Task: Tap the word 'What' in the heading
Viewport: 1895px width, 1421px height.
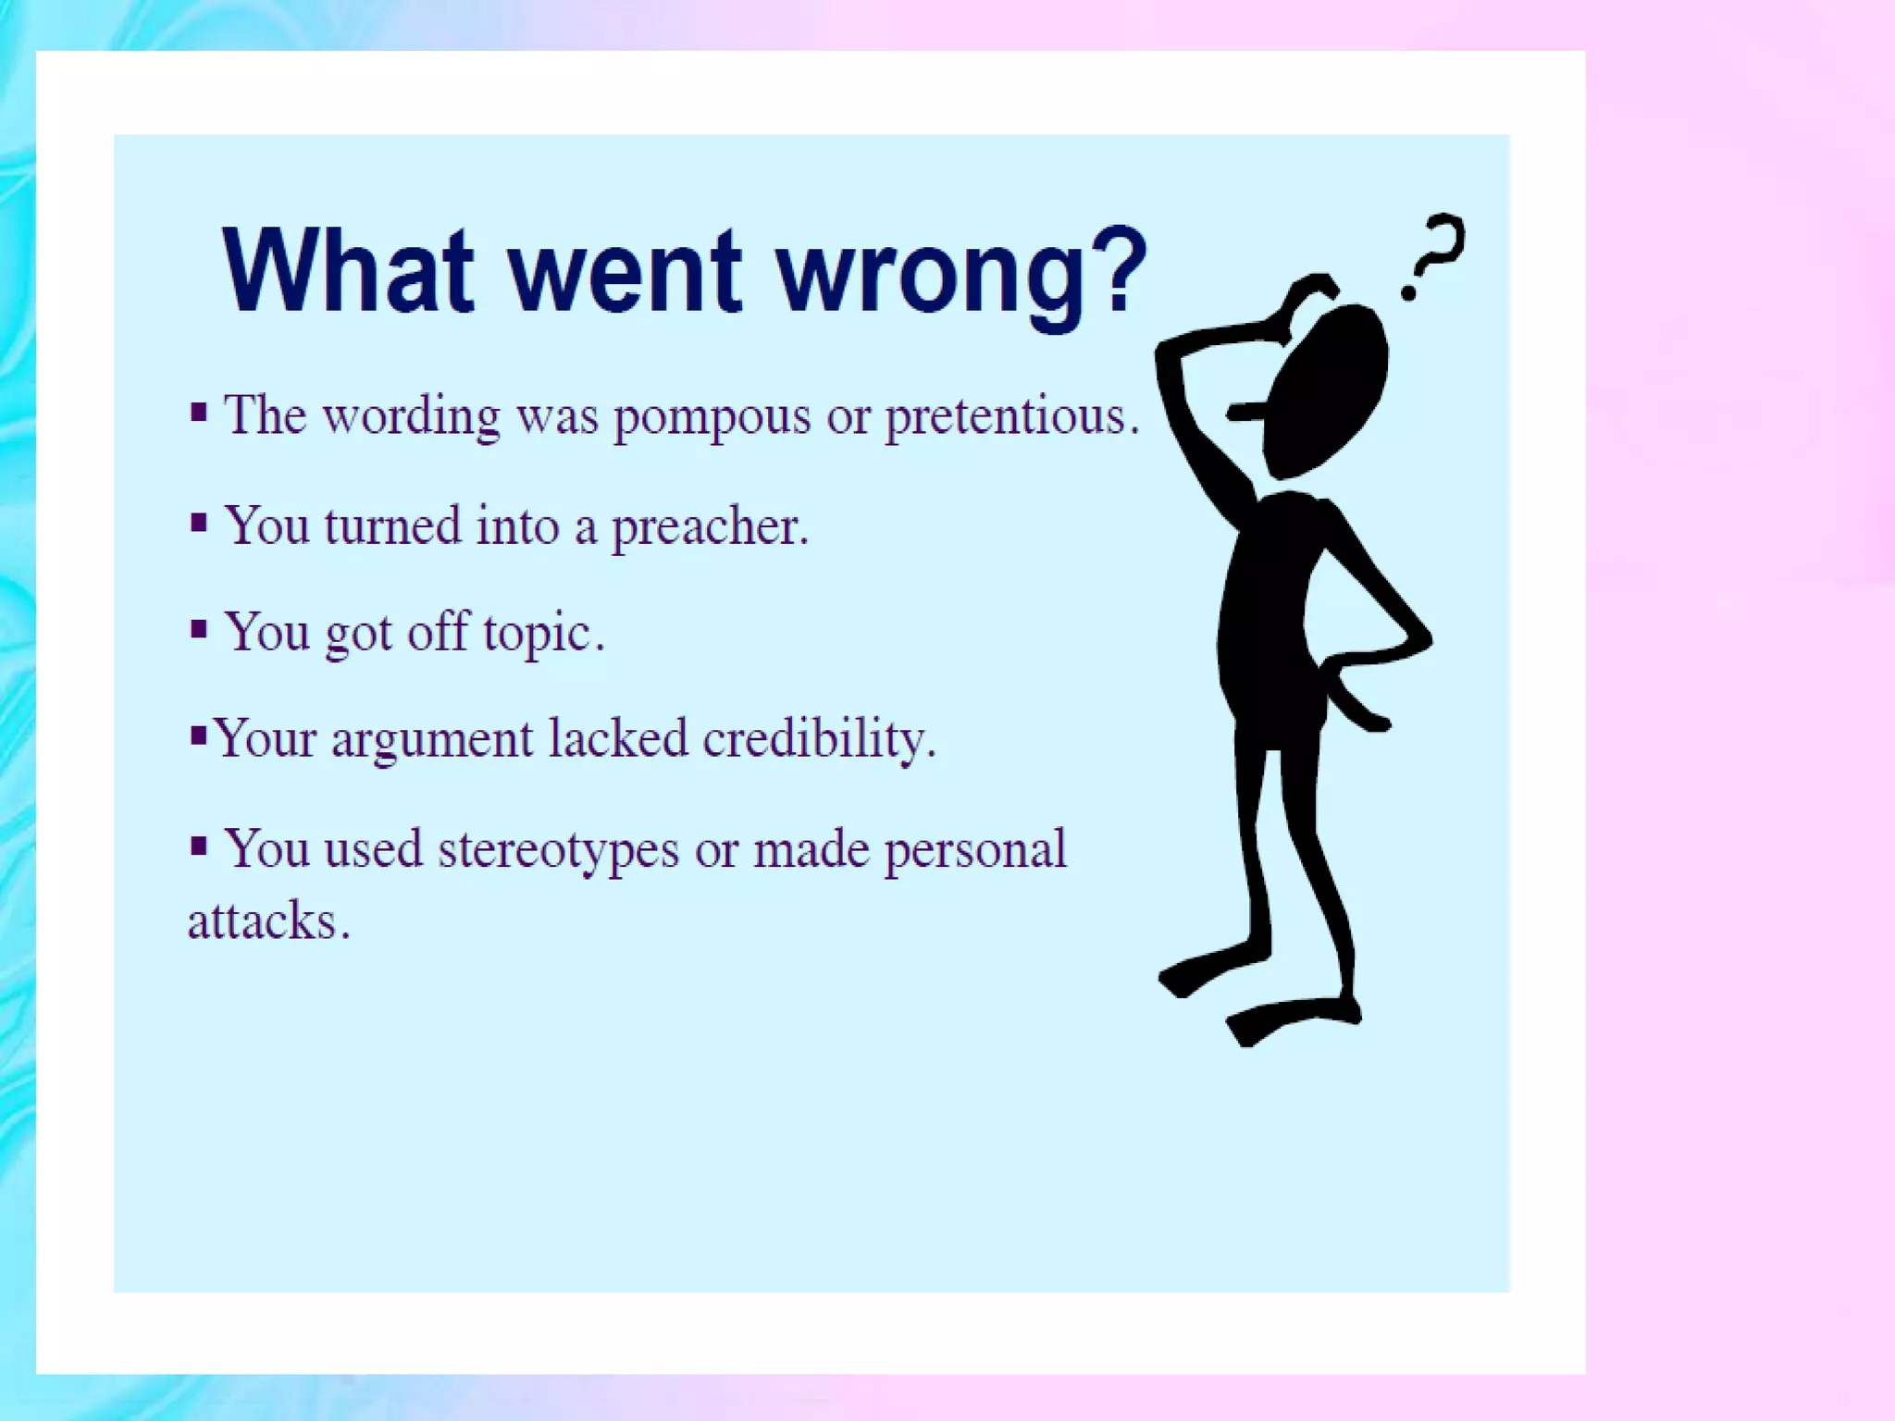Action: (347, 270)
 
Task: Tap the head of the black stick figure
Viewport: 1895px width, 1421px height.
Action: (1328, 389)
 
